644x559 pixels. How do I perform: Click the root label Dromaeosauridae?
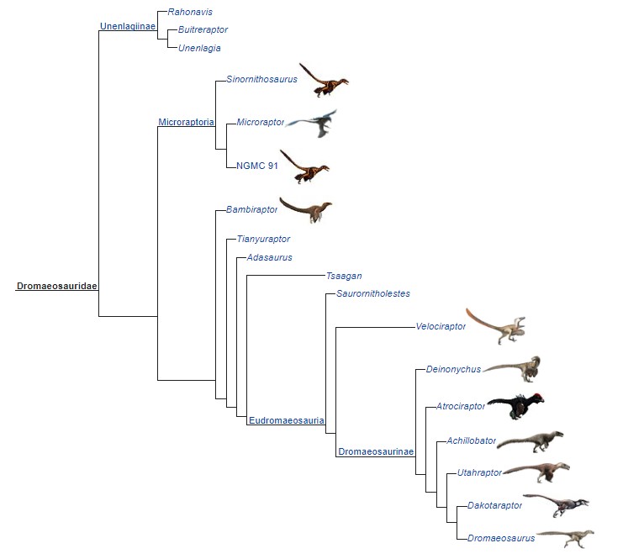tap(56, 287)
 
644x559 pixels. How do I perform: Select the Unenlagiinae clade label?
tap(127, 26)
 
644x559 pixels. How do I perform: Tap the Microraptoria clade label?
tap(186, 123)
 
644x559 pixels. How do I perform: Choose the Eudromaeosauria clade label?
tap(287, 420)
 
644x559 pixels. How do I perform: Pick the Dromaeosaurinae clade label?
tap(376, 452)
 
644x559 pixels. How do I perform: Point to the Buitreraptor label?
tap(203, 30)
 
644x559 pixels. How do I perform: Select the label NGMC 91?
tap(257, 166)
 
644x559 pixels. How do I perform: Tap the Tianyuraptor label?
tap(263, 240)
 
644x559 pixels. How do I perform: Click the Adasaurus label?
tap(269, 258)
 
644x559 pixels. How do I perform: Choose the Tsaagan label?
tap(344, 276)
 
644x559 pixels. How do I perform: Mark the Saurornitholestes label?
tap(373, 293)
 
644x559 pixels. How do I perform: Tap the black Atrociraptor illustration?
tap(515, 406)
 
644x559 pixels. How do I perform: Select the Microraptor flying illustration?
tap(312, 123)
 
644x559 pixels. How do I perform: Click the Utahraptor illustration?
tap(536, 472)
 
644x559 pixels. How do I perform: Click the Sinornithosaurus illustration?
tap(324, 79)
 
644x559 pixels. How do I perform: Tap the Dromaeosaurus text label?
tap(500, 537)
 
